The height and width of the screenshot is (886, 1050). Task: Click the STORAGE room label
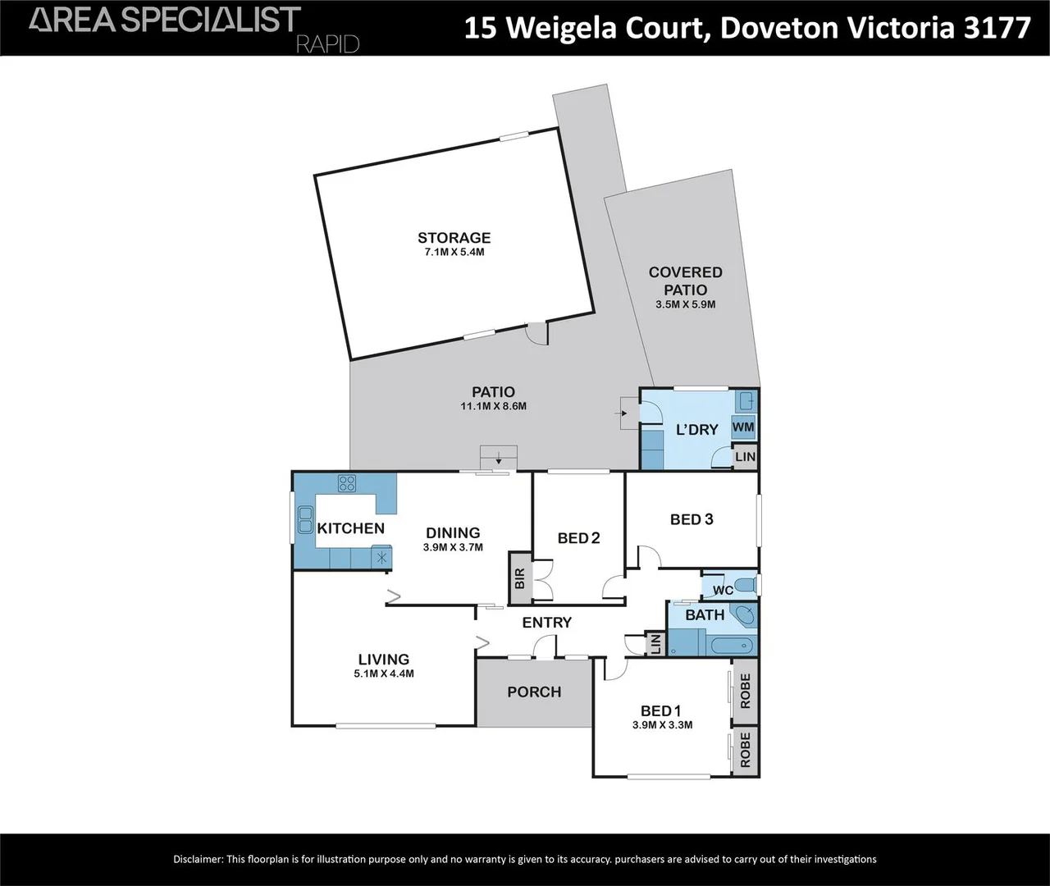pos(454,238)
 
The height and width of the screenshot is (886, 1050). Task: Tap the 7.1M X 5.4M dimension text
pos(454,253)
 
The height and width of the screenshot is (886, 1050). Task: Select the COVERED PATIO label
pos(685,281)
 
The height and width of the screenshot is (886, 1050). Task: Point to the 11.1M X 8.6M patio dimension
pos(493,406)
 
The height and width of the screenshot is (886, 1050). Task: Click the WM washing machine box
pos(743,427)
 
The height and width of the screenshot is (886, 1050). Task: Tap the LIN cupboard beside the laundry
pos(745,457)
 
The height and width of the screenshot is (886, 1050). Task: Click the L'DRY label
pos(696,429)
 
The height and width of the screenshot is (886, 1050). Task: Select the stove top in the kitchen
pos(347,483)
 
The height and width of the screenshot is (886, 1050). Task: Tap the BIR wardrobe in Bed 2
pos(519,578)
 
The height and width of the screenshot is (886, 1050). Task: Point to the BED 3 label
pos(692,518)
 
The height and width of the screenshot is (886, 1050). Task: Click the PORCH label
pos(534,692)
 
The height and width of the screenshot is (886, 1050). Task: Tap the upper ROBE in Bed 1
pos(745,690)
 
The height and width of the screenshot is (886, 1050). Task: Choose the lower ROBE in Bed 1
pos(745,751)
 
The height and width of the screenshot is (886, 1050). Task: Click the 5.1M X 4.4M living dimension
pos(384,674)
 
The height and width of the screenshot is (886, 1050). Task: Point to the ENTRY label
pos(546,623)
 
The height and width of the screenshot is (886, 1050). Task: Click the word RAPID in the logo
pos(327,43)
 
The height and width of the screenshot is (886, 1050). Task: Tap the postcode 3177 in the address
pos(997,27)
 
